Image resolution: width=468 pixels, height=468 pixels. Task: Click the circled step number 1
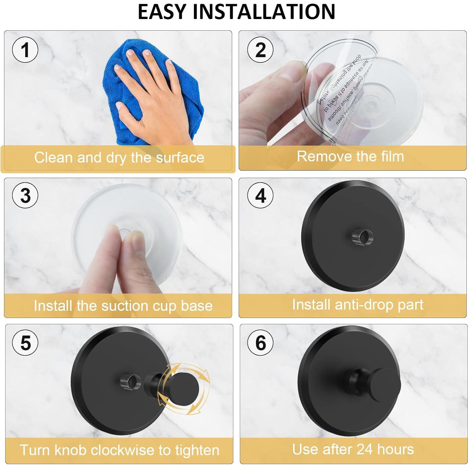[x=25, y=50]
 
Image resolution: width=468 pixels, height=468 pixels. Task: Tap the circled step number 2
[x=260, y=50]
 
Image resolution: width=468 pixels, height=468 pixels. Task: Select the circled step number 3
[x=25, y=196]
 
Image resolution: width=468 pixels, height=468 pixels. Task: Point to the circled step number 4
[x=260, y=196]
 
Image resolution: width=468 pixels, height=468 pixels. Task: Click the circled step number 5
[x=25, y=343]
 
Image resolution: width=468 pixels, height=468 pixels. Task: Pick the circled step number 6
[x=260, y=343]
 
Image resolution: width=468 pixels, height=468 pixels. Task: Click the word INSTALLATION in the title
[x=264, y=12]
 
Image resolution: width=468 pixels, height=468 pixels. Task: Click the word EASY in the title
[x=162, y=12]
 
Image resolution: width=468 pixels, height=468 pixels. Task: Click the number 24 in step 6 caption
[x=364, y=449]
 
